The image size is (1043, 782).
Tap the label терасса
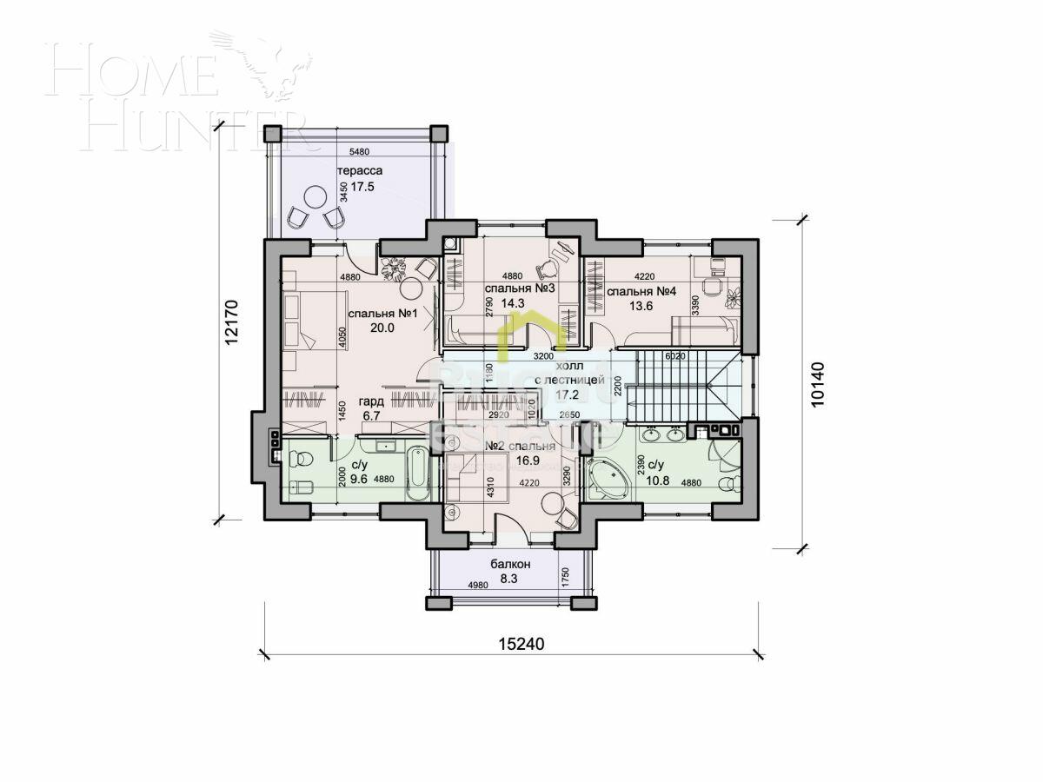[360, 170]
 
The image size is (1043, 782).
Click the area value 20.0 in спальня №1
[382, 328]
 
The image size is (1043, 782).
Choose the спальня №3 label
[520, 288]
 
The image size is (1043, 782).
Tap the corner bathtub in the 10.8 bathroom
[608, 477]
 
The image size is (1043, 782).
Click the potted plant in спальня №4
[733, 296]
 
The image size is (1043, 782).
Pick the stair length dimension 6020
[675, 356]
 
